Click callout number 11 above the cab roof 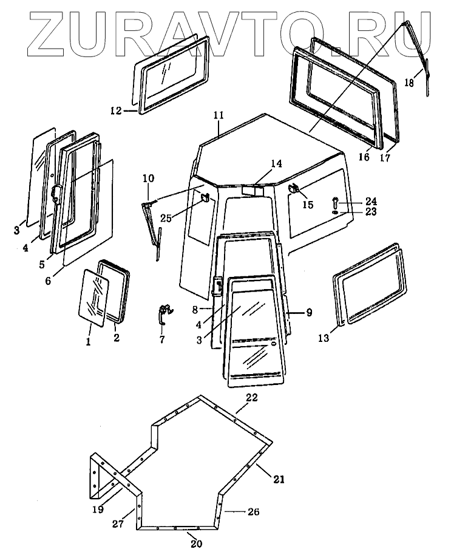pyautogui.click(x=219, y=115)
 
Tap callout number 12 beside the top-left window pyautogui.click(x=116, y=111)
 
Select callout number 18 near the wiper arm pyautogui.click(x=409, y=83)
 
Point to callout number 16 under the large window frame pyautogui.click(x=364, y=157)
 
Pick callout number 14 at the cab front pyautogui.click(x=276, y=164)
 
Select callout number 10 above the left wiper pyautogui.click(x=149, y=178)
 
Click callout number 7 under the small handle pyautogui.click(x=162, y=340)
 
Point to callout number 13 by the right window pyautogui.click(x=324, y=337)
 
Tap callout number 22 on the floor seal pyautogui.click(x=252, y=398)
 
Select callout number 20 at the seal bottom pyautogui.click(x=195, y=543)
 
